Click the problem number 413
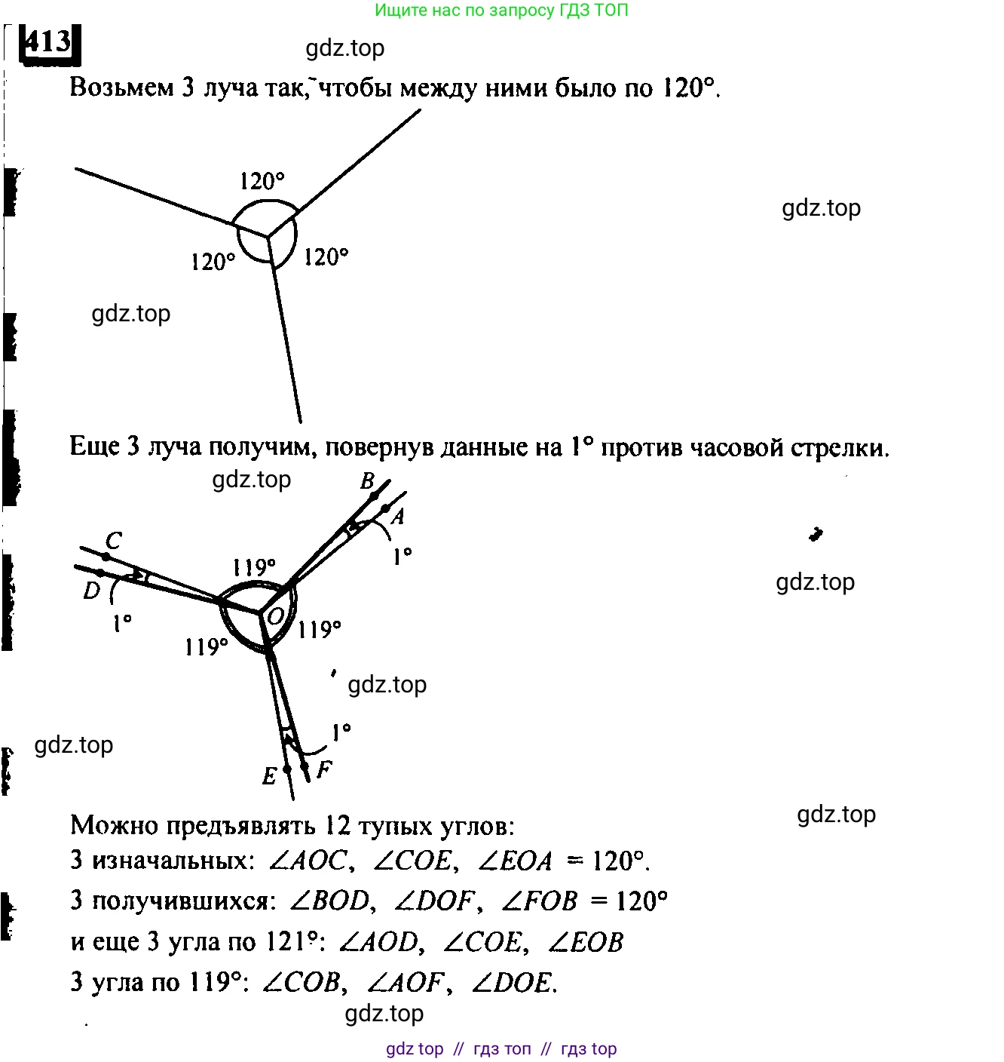pyautogui.click(x=49, y=42)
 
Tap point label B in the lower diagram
pyautogui.click(x=368, y=480)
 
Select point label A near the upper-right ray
pyautogui.click(x=399, y=516)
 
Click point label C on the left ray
pyautogui.click(x=114, y=540)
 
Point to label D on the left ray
pyautogui.click(x=91, y=591)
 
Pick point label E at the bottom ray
pyautogui.click(x=269, y=775)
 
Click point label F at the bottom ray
pyautogui.click(x=324, y=769)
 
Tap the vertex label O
pyautogui.click(x=276, y=616)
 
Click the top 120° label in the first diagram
pyautogui.click(x=262, y=181)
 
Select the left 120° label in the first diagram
pyautogui.click(x=213, y=262)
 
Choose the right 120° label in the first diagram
pyautogui.click(x=326, y=257)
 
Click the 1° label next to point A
pyautogui.click(x=403, y=557)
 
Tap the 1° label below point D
pyautogui.click(x=122, y=624)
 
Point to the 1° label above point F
pyautogui.click(x=341, y=732)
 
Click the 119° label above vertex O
pyautogui.click(x=253, y=567)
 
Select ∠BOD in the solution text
pyautogui.click(x=330, y=901)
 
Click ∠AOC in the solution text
pyautogui.click(x=308, y=860)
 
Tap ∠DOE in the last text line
pyautogui.click(x=512, y=982)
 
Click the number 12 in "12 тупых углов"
pyautogui.click(x=338, y=825)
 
